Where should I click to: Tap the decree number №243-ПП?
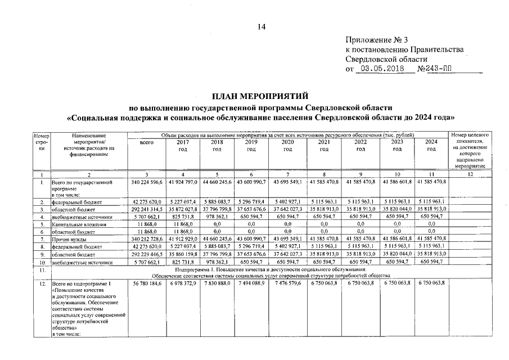click(435, 69)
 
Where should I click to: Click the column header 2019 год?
click(251, 146)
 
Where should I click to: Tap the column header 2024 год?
click(431, 146)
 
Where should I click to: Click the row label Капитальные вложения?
click(75, 223)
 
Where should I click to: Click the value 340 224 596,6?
click(146, 183)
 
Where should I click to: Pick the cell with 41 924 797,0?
click(182, 183)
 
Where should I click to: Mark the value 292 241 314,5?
click(146, 208)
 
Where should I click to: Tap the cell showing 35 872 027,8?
click(182, 208)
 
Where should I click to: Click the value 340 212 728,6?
click(146, 239)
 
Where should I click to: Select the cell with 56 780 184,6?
click(146, 282)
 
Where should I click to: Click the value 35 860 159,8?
click(182, 254)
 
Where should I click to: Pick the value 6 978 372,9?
click(182, 282)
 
